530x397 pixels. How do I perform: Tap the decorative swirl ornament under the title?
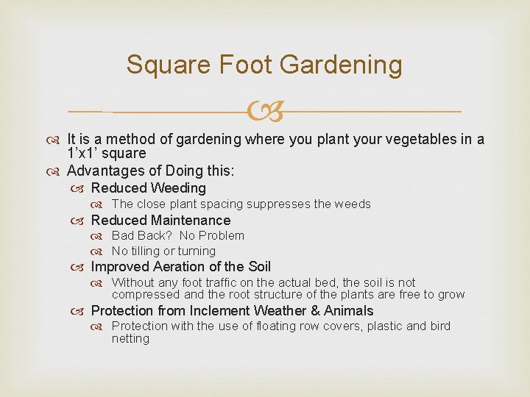pyautogui.click(x=265, y=112)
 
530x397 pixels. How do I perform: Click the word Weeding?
pyautogui.click(x=178, y=188)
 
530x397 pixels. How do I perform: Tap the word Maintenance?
pyautogui.click(x=191, y=220)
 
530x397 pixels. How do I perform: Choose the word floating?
pyautogui.click(x=272, y=326)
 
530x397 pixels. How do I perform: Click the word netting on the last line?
pyautogui.click(x=130, y=338)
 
